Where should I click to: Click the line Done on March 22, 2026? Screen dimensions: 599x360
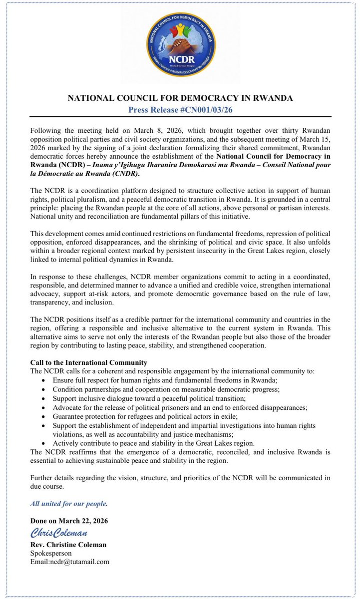pyautogui.click(x=70, y=521)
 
